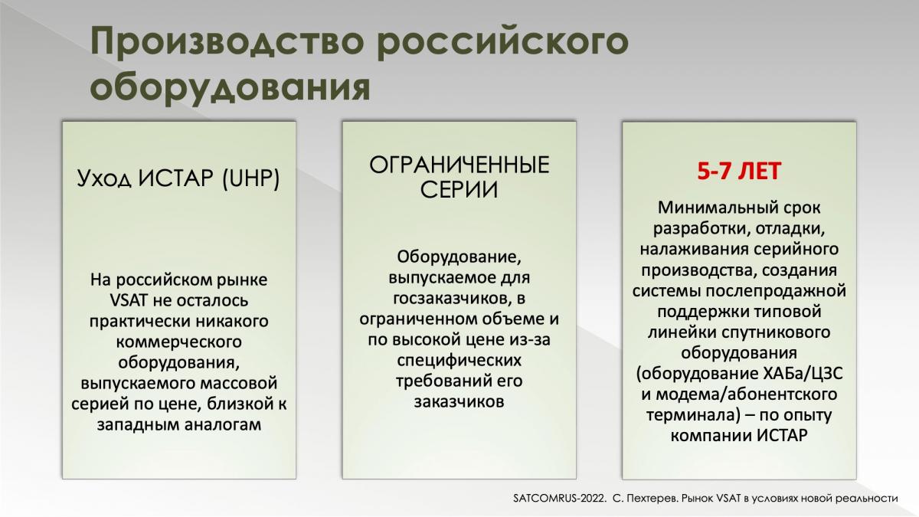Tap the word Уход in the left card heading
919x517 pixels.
tap(105, 179)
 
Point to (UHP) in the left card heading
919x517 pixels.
tap(250, 179)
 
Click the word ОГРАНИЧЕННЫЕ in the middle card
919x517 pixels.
tap(459, 165)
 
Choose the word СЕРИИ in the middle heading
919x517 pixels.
tap(459, 190)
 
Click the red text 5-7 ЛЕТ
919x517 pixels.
tap(739, 171)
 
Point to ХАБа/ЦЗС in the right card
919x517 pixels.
tap(803, 374)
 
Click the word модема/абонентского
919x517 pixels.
tap(746, 394)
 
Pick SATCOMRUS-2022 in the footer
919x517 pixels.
tap(560, 499)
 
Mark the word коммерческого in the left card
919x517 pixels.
tap(179, 342)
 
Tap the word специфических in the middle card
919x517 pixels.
tap(459, 361)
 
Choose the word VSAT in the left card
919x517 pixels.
tap(129, 300)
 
